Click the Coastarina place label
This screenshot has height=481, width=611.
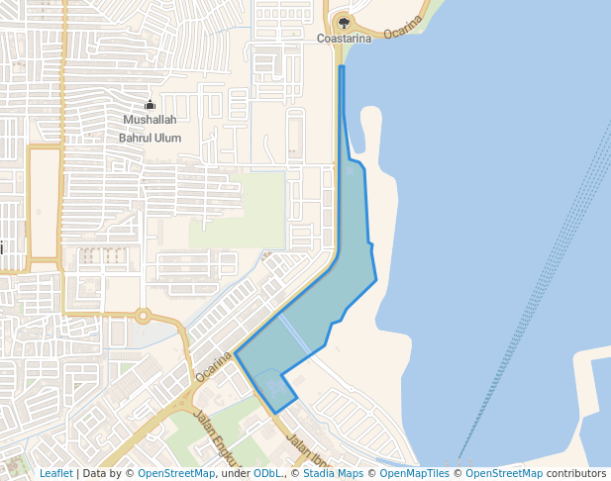click(344, 39)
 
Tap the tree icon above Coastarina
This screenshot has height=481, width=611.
click(344, 20)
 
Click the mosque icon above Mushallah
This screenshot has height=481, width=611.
click(151, 104)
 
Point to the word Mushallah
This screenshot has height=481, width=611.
click(150, 120)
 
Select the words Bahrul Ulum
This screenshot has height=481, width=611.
click(150, 138)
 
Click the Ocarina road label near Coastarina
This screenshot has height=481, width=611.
click(403, 27)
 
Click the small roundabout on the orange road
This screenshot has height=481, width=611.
click(144, 317)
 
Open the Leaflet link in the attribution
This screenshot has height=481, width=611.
click(55, 473)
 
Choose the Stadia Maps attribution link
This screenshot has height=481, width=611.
click(332, 473)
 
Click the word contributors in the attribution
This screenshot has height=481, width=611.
click(576, 473)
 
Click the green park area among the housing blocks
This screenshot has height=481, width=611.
click(238, 208)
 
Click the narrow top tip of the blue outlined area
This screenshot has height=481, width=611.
click(342, 69)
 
